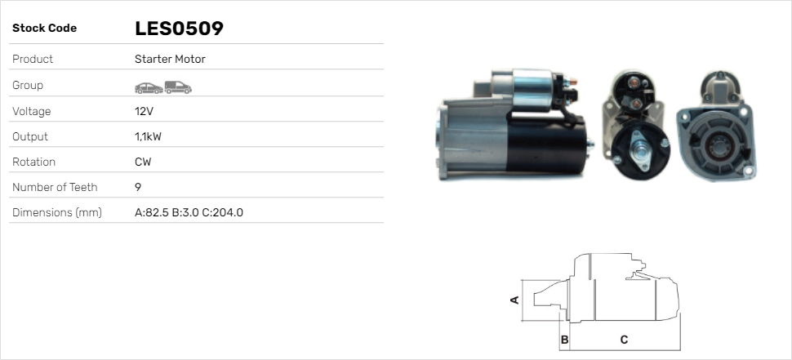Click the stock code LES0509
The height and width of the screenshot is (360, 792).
[179, 29]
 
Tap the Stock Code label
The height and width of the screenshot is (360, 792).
[44, 29]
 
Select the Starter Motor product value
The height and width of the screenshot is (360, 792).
[170, 59]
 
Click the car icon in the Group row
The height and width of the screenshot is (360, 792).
[149, 88]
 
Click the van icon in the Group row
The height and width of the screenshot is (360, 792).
[178, 87]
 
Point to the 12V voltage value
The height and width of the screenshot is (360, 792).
[144, 111]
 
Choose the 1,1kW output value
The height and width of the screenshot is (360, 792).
[148, 137]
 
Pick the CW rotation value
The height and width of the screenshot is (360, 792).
[143, 162]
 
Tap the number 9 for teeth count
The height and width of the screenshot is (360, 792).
[138, 187]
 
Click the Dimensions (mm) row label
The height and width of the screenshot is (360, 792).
[57, 212]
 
